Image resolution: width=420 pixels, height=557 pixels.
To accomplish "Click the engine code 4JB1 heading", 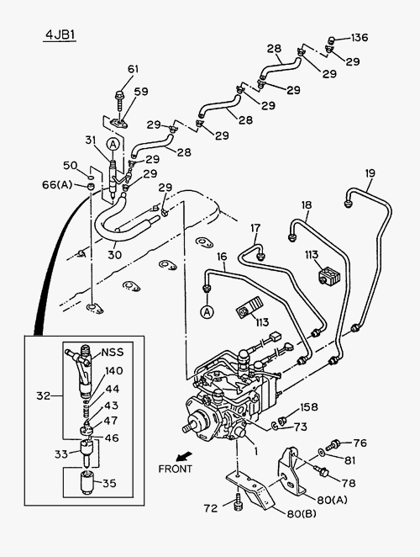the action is point(60,34).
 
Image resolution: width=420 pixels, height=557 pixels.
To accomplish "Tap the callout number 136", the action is point(360,37).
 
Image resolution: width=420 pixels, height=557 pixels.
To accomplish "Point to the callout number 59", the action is point(141,92).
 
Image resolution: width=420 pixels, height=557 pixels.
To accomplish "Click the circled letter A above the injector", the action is point(113,144).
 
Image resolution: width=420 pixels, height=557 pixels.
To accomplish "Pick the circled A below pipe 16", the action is point(207,312).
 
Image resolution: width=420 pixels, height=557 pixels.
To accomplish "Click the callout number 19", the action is point(370,173).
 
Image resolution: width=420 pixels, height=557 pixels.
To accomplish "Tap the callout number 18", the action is point(307,205).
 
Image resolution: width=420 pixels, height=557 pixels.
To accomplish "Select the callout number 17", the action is point(255,228).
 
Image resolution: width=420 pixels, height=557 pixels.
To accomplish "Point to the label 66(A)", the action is point(57,185).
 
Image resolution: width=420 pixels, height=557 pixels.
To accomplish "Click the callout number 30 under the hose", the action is point(114,255).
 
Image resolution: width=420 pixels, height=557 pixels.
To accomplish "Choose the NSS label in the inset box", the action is point(113,352).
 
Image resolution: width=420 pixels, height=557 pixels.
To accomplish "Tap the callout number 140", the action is point(114,371).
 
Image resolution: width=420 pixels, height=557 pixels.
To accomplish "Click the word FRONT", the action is point(175,469).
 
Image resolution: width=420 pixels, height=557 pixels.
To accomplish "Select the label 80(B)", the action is point(302,513).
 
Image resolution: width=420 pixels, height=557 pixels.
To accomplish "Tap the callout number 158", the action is point(309,407).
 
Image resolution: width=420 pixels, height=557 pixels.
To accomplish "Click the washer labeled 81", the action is point(322,452).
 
